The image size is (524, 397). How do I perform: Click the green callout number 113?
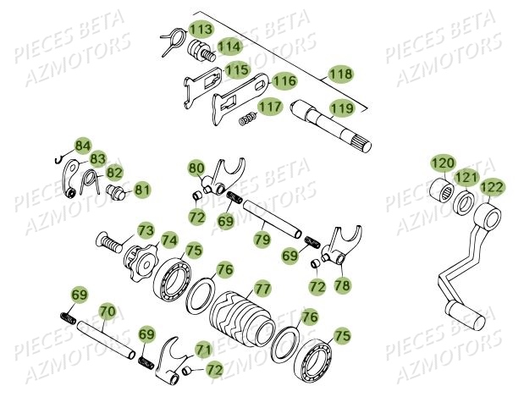coord(201,29)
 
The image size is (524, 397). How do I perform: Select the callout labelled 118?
coord(340,74)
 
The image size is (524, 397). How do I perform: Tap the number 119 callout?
coord(341,108)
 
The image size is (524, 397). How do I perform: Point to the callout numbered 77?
coord(262,289)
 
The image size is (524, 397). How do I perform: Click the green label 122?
coord(492,187)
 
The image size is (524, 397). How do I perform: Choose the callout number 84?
coord(83,146)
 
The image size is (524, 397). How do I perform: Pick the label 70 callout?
coord(108,312)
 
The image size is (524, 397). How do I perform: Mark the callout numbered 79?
coord(262,240)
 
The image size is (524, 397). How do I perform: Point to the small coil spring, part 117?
coord(248,119)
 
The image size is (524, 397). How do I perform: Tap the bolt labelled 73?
coord(109,243)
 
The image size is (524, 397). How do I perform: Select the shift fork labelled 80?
coord(223,176)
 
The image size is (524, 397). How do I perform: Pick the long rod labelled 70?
coord(106,339)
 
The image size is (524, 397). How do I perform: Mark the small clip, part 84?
coord(58,160)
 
